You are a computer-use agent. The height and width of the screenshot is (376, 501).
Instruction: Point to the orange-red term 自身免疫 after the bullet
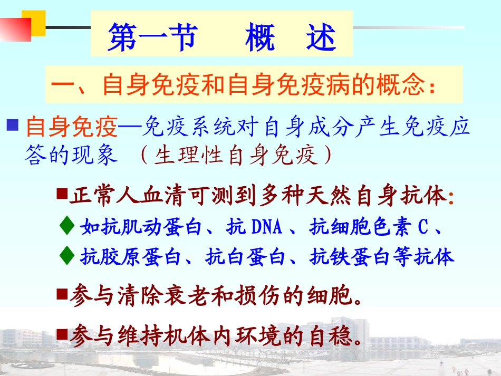coord(71,127)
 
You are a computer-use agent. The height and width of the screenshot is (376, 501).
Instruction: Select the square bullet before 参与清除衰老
coord(62,294)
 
